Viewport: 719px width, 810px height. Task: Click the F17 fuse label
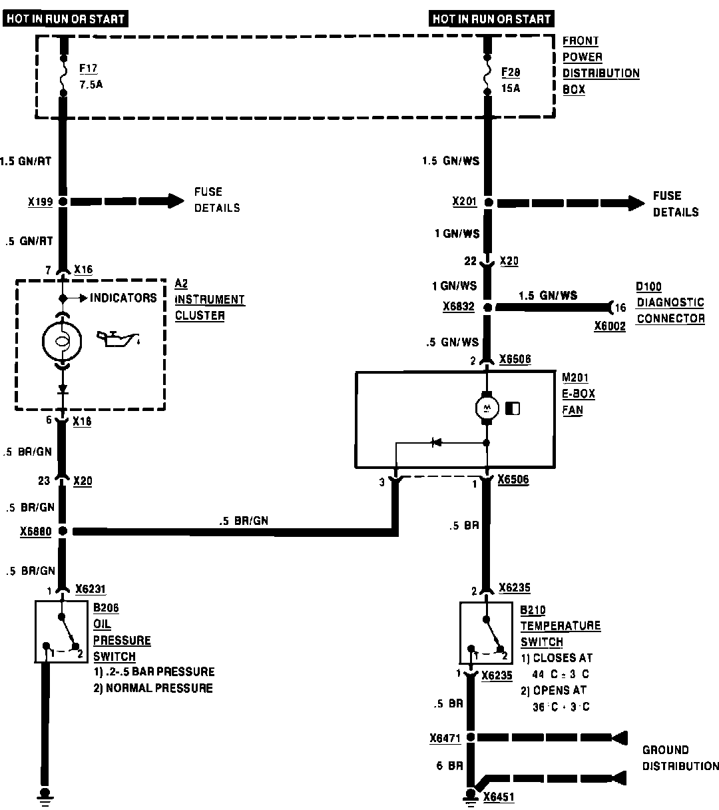[87, 69]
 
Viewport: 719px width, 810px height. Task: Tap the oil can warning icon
[119, 339]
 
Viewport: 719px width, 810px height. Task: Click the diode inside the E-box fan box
[437, 442]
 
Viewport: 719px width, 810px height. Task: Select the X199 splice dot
[63, 201]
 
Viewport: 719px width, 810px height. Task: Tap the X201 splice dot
[488, 202]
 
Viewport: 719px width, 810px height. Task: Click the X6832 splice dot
[488, 307]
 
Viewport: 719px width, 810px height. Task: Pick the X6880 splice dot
[63, 532]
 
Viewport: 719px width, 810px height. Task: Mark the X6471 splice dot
[471, 737]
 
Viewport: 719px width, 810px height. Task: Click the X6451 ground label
[499, 797]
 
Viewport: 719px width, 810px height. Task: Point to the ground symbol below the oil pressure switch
[46, 795]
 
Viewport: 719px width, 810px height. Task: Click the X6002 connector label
[610, 327]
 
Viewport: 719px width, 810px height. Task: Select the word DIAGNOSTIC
[670, 302]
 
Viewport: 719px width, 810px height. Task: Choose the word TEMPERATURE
[561, 626]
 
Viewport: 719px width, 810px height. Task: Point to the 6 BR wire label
[449, 766]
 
